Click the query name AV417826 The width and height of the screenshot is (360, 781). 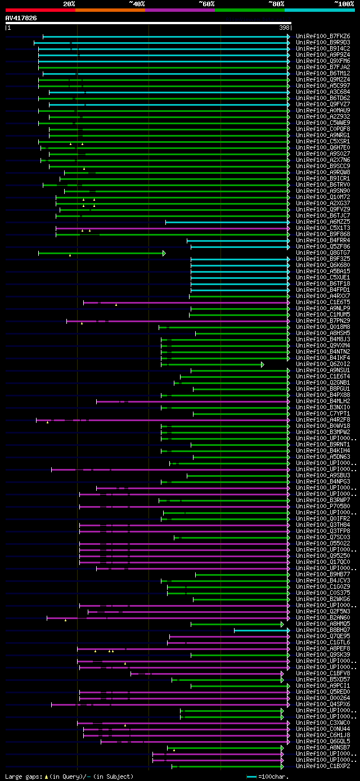pos(21,18)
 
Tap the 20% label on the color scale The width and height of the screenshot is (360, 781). pos(69,3)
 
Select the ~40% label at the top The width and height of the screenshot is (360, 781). pos(137,3)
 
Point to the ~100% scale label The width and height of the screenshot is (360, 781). pos(344,3)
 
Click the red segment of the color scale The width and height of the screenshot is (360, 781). pos(40,10)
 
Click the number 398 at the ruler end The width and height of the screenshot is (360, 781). pos(284,27)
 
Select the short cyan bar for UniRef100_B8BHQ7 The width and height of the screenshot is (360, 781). pos(262,630)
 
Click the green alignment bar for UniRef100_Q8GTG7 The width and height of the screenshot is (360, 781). pos(101,254)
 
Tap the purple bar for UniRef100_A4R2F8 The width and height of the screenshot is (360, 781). pos(169,420)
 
